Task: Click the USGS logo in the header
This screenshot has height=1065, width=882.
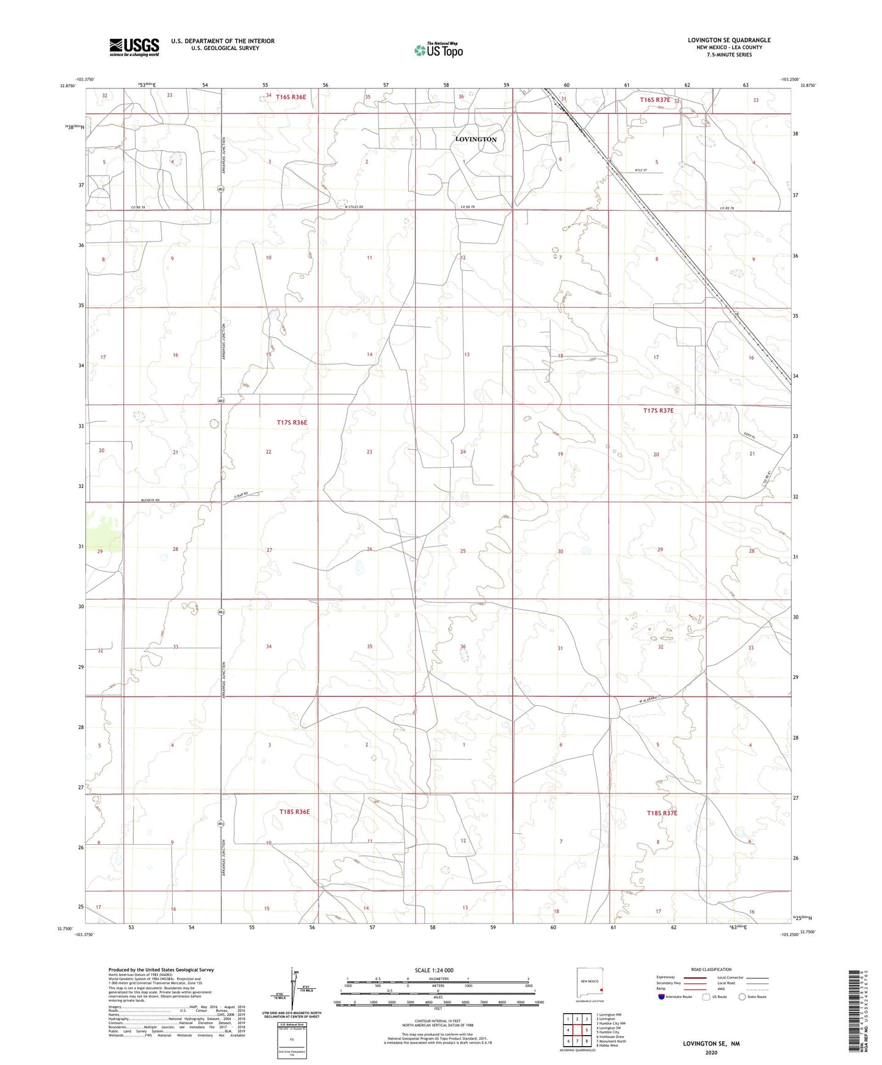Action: [x=134, y=47]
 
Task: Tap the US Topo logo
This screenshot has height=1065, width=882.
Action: [x=438, y=49]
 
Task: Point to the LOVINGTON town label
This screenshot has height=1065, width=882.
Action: [x=475, y=139]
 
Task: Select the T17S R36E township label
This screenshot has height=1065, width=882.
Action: [x=292, y=422]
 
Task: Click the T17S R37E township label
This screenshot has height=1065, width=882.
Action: [x=658, y=411]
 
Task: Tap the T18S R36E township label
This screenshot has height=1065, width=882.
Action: [x=294, y=812]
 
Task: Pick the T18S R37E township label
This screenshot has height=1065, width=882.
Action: [x=662, y=813]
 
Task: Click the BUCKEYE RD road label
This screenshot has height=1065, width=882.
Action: [x=150, y=500]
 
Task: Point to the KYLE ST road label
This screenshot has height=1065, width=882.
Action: [x=640, y=171]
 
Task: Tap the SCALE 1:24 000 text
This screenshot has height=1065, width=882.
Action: [x=434, y=970]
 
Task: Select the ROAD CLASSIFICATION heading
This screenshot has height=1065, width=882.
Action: [x=711, y=969]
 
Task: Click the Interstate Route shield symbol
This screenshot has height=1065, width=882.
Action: [x=662, y=997]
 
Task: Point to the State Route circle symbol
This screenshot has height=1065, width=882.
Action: [x=742, y=997]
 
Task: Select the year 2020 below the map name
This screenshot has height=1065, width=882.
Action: [x=710, y=1052]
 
